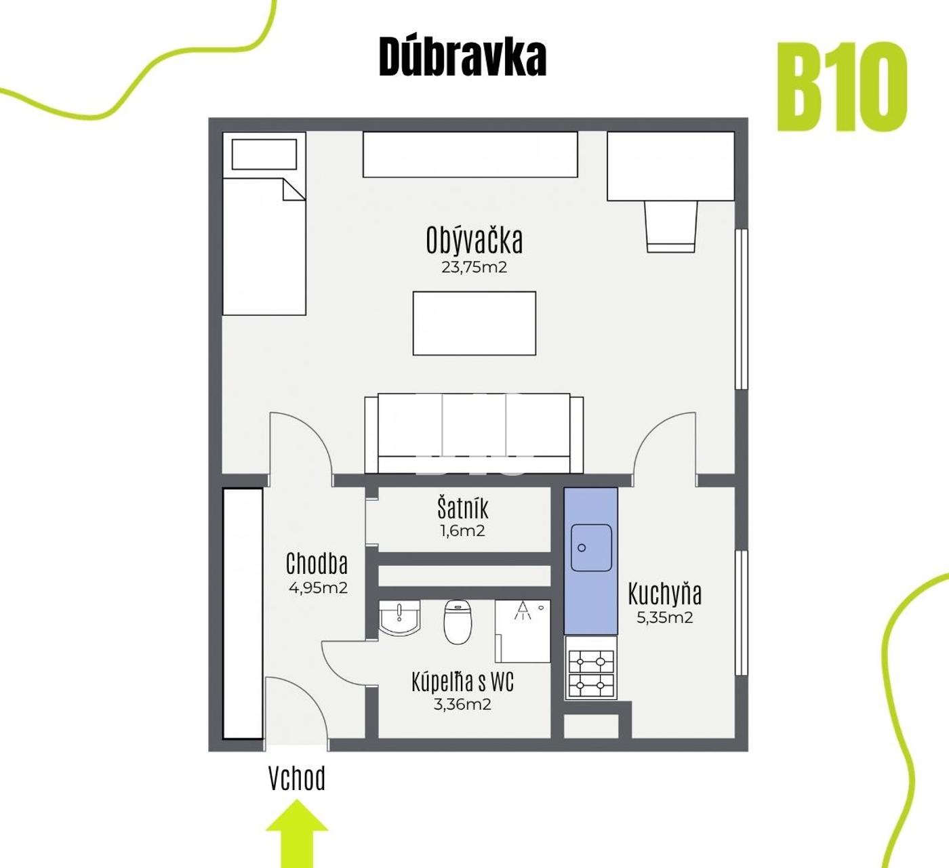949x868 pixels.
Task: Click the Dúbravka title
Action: click(x=462, y=57)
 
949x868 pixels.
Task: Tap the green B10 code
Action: click(x=842, y=87)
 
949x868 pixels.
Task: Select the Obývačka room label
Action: click(x=474, y=240)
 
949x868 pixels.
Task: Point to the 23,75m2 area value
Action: click(x=474, y=267)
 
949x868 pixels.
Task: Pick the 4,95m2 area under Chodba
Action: click(x=318, y=588)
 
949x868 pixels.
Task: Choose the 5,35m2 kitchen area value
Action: click(x=665, y=618)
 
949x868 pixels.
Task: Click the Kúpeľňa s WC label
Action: click(x=462, y=682)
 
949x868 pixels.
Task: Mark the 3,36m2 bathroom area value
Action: click(x=462, y=705)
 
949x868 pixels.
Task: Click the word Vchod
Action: click(x=297, y=779)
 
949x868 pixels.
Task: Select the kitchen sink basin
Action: click(x=591, y=547)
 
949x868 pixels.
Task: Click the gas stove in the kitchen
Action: click(x=591, y=668)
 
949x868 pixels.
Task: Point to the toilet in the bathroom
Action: click(x=458, y=622)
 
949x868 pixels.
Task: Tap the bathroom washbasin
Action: click(x=399, y=618)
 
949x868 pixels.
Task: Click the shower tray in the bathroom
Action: click(x=522, y=632)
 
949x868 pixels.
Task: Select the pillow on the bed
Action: click(x=264, y=154)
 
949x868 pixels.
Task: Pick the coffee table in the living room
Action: click(x=474, y=323)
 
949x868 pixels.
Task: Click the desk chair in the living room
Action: click(x=671, y=226)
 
